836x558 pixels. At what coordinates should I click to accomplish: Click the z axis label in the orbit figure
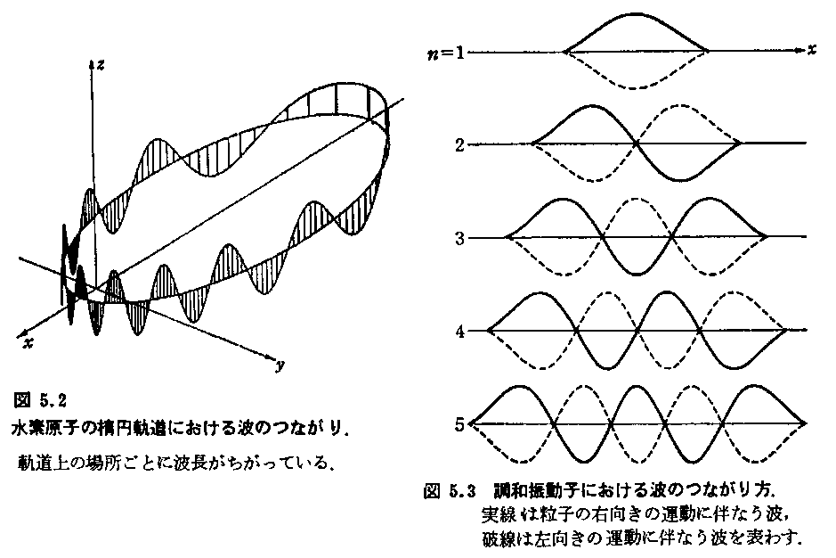[100, 64]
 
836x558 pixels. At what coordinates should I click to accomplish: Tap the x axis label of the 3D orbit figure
[28, 343]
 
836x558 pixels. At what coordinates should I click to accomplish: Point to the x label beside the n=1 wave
[811, 49]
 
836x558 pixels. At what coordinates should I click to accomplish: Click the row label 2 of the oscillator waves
[459, 144]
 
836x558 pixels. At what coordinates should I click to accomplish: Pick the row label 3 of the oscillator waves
[459, 238]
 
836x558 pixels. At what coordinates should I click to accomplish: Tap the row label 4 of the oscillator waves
[459, 332]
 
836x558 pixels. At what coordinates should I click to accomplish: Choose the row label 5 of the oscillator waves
[459, 425]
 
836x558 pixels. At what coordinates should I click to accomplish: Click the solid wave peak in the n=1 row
[636, 14]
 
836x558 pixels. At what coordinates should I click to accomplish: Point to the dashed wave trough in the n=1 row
[635, 87]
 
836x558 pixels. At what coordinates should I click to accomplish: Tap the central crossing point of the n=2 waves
[636, 144]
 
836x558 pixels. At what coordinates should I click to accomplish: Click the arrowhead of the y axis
[272, 357]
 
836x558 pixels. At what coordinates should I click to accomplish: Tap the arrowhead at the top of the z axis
[91, 63]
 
